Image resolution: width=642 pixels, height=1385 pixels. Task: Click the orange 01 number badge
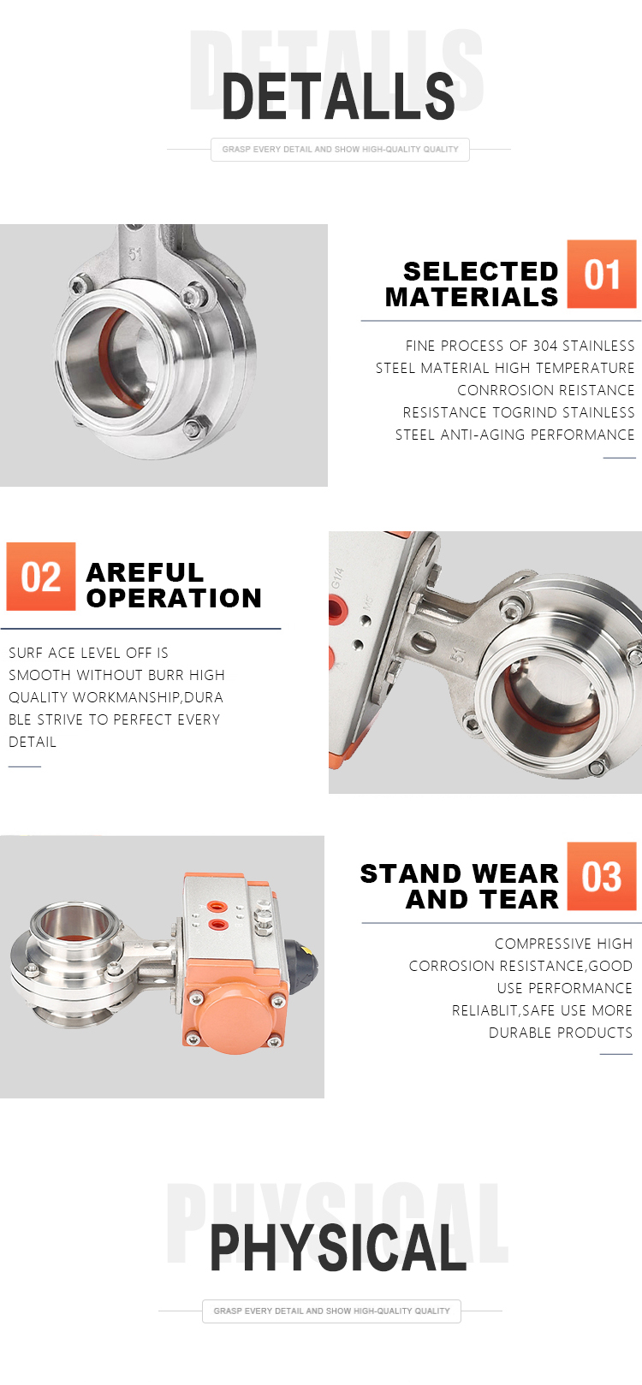click(x=601, y=274)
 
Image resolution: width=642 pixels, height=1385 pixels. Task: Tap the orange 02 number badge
click(x=41, y=577)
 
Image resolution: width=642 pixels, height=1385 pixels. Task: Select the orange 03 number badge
click(x=601, y=875)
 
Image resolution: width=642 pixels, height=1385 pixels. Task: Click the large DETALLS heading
click(x=338, y=97)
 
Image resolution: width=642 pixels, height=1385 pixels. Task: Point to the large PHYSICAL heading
click(x=338, y=1248)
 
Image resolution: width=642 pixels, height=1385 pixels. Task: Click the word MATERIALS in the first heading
click(x=472, y=298)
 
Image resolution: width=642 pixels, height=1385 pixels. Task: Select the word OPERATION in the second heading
click(x=174, y=598)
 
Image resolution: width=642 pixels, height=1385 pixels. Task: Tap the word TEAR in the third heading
click(x=520, y=899)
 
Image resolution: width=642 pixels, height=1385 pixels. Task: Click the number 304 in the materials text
click(x=545, y=346)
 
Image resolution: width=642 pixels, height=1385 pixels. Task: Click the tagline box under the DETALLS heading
click(x=340, y=150)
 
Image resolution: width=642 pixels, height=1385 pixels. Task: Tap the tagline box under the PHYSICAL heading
click(x=331, y=1311)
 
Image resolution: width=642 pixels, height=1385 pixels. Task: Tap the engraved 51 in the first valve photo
click(x=135, y=254)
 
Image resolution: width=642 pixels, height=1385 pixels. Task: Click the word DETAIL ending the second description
click(x=33, y=742)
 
